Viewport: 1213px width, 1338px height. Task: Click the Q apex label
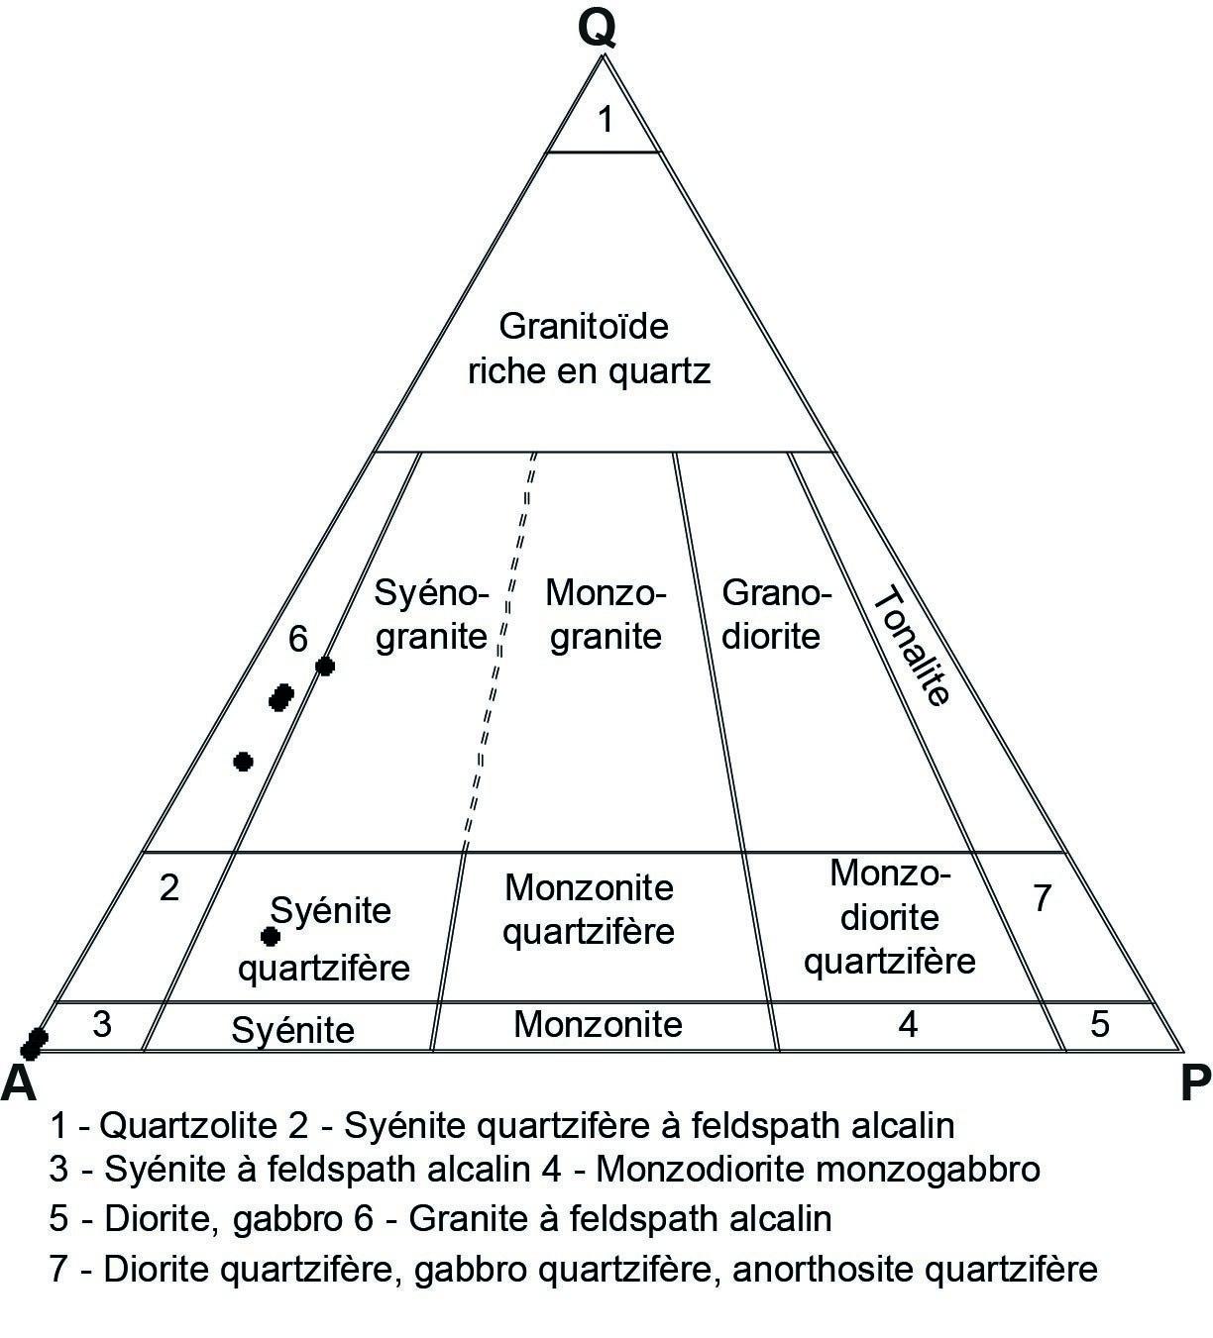[599, 29]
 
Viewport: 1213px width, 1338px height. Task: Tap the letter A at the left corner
[19, 1082]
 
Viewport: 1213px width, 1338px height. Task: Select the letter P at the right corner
[1195, 1085]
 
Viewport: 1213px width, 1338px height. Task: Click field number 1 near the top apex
[606, 120]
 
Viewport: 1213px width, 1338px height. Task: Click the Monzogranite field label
[606, 614]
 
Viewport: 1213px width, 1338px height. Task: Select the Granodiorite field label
[773, 614]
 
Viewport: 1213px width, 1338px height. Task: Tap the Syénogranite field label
[432, 614]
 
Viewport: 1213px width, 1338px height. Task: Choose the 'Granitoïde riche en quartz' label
[589, 349]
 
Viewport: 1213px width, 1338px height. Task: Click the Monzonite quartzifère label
[589, 909]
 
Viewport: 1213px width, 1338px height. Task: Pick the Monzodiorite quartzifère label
[889, 917]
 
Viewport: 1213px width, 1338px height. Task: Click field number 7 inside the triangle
[1042, 898]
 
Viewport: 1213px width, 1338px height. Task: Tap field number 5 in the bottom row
[1100, 1023]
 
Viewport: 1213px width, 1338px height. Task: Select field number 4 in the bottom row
[908, 1024]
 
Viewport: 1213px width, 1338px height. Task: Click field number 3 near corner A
[102, 1024]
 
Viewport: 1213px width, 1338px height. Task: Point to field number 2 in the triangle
[169, 888]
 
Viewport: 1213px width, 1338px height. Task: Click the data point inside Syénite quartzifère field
[269, 936]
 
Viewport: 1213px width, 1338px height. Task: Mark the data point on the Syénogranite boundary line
[324, 667]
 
